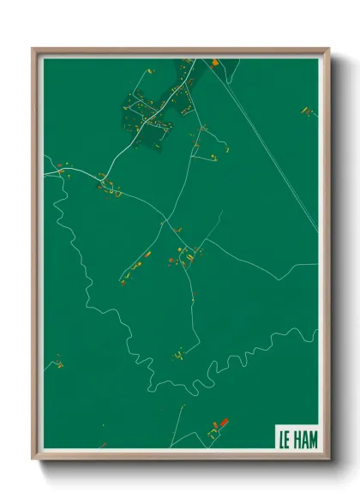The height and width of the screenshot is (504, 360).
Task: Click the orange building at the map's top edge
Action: [x=213, y=61]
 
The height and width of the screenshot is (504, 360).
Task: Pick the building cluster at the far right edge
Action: [x=306, y=111]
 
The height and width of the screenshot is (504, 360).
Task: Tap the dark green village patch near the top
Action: [x=159, y=107]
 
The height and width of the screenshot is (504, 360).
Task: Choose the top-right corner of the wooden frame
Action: [x=328, y=49]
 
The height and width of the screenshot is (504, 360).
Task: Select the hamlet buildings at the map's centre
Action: [x=187, y=255]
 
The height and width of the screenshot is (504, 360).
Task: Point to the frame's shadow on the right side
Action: [x=336, y=257]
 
